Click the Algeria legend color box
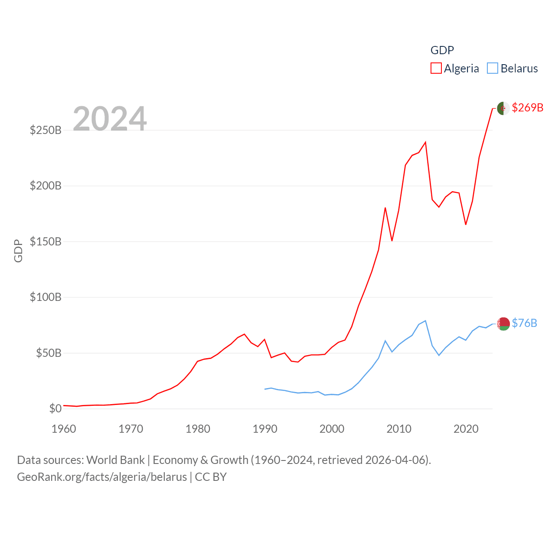click(x=436, y=69)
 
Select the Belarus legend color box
click(x=493, y=69)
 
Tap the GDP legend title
click(x=442, y=50)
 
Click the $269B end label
click(x=527, y=108)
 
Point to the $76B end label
click(x=524, y=323)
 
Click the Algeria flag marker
click(x=503, y=108)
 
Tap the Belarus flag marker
click(x=503, y=323)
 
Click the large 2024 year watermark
click(x=110, y=118)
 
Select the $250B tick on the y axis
click(x=46, y=130)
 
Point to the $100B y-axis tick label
click(x=46, y=297)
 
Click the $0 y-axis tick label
click(x=55, y=408)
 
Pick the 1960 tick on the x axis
click(x=64, y=429)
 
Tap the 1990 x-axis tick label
click(x=265, y=429)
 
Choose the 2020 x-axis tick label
click(x=466, y=429)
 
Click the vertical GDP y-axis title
click(x=18, y=251)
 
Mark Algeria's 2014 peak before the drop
click(x=425, y=142)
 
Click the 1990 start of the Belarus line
click(x=265, y=389)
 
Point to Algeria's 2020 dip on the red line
click(x=466, y=224)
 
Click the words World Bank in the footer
click(x=115, y=460)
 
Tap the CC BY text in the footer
click(x=211, y=477)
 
